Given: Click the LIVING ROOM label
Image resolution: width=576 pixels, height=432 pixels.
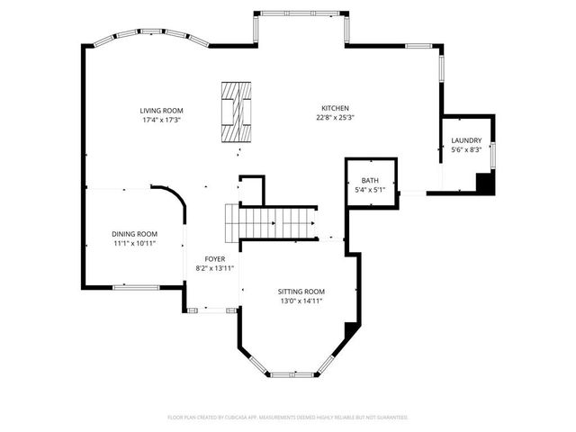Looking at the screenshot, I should [x=160, y=110].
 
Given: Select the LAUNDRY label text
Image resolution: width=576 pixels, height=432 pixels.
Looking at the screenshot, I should [x=466, y=140].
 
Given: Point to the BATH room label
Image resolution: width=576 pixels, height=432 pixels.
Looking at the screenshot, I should [x=370, y=180].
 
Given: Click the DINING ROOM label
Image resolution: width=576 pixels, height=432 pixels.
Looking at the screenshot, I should [x=134, y=233].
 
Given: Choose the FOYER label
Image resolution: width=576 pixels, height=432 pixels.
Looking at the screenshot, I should [x=214, y=259].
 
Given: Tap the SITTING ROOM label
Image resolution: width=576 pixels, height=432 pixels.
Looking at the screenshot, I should [x=301, y=292].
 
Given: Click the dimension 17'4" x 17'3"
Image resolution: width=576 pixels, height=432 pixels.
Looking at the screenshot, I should [x=160, y=120].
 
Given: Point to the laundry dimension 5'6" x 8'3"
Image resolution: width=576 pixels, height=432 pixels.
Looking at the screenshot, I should [x=466, y=150].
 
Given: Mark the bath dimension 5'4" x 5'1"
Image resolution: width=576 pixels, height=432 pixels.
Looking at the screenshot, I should [x=370, y=190].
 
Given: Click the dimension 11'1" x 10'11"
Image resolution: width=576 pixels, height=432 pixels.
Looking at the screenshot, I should [x=134, y=243].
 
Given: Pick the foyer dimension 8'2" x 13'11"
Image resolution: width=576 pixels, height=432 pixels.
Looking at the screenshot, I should [x=214, y=268].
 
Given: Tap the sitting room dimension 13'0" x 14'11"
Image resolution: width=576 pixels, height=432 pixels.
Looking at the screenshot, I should [x=301, y=301].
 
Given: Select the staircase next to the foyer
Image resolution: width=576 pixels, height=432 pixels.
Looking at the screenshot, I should [x=270, y=221].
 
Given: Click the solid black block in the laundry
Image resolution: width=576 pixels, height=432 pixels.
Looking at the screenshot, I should [x=484, y=184].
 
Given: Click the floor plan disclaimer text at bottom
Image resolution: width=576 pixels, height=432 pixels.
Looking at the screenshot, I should [x=288, y=418].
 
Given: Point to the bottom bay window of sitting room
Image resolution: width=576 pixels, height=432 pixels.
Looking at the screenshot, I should [x=293, y=373].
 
